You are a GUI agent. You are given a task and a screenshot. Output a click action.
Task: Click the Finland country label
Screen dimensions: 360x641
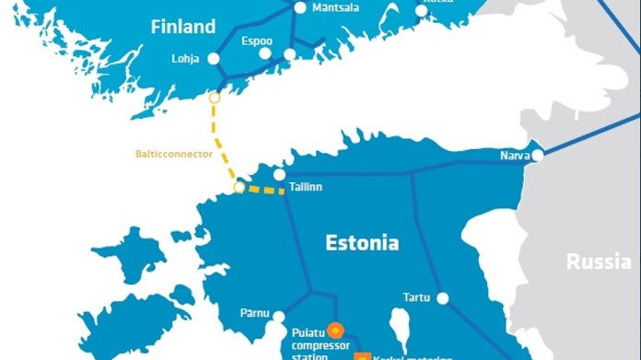(183, 27)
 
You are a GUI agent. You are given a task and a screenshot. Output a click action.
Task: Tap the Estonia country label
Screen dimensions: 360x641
(362, 243)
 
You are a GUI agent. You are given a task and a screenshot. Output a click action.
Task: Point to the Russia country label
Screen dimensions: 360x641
(599, 262)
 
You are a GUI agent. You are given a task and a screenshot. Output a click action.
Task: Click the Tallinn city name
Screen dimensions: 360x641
(306, 187)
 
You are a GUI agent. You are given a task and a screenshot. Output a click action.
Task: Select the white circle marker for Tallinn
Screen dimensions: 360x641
(279, 174)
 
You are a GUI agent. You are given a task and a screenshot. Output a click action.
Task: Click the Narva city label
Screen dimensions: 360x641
(514, 155)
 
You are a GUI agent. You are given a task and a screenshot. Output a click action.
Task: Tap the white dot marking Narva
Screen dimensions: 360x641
(538, 156)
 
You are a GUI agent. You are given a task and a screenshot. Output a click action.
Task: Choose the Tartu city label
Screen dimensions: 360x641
(416, 297)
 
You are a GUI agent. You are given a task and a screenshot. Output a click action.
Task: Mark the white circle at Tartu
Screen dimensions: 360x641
(443, 298)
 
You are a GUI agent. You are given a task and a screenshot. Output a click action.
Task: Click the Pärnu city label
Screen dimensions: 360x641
(254, 314)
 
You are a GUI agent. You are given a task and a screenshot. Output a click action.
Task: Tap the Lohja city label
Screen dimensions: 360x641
(185, 59)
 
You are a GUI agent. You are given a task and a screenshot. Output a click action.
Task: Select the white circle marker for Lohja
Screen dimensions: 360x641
(214, 58)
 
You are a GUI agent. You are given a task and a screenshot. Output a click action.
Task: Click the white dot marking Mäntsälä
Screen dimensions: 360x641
(300, 7)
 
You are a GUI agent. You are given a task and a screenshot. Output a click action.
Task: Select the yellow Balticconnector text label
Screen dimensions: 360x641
(173, 154)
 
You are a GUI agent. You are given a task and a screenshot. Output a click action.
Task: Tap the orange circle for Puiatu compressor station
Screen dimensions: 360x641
(335, 328)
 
